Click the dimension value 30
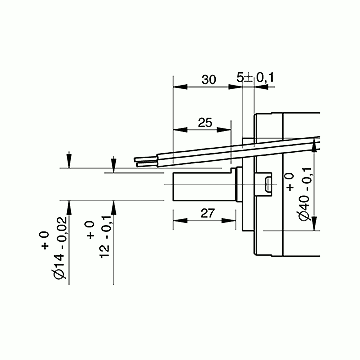[x=209, y=80]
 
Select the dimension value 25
[x=205, y=123]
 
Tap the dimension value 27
[x=207, y=213]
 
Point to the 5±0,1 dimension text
[x=255, y=78]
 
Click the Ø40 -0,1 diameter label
[x=306, y=194]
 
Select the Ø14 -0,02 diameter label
[x=60, y=248]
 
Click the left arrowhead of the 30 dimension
[x=180, y=87]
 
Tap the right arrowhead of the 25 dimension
[x=224, y=130]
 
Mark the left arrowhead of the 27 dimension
[x=180, y=220]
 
